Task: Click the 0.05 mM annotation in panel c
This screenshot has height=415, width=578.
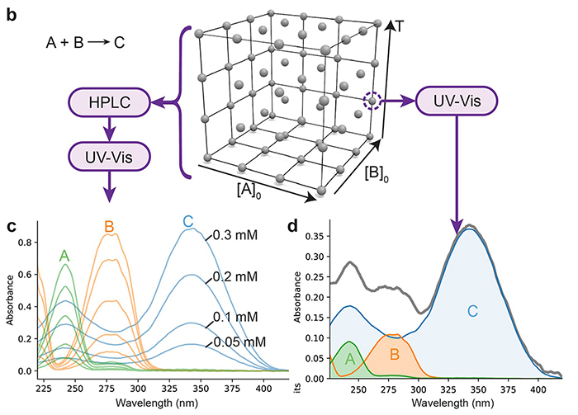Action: pos(239,342)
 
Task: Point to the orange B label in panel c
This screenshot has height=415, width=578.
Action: pos(109,225)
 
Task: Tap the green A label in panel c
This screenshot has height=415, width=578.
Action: pos(64,256)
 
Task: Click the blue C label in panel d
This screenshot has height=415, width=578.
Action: pos(472,311)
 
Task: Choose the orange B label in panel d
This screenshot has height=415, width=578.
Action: pos(395,354)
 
